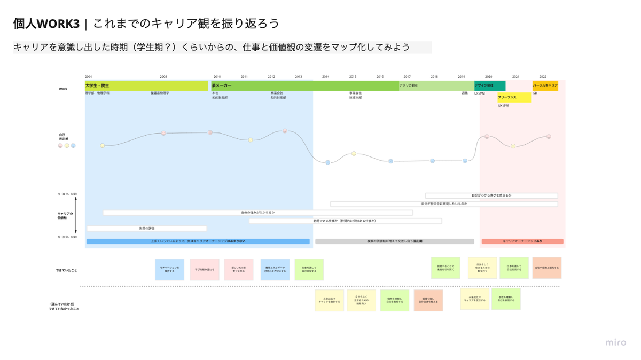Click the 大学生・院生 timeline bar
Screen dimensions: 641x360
point(146,85)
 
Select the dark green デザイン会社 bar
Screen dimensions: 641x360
point(490,85)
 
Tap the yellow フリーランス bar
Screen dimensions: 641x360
point(514,98)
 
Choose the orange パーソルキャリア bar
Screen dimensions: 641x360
point(545,85)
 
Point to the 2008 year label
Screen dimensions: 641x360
point(163,77)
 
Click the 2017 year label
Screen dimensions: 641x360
point(407,77)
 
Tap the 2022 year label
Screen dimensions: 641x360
point(543,77)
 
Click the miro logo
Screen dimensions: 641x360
point(615,342)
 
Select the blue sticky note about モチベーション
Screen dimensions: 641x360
point(169,270)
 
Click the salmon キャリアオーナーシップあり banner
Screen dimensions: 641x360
point(522,241)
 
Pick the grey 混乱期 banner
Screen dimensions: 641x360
point(394,241)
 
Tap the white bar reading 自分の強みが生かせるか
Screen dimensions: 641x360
point(257,213)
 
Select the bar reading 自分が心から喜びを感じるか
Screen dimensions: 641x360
point(491,196)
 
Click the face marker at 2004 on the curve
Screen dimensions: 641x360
point(103,145)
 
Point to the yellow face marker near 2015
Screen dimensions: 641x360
point(354,154)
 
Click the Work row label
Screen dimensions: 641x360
point(63,89)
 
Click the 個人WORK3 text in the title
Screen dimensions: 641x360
point(46,24)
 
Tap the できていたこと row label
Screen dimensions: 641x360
point(67,270)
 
